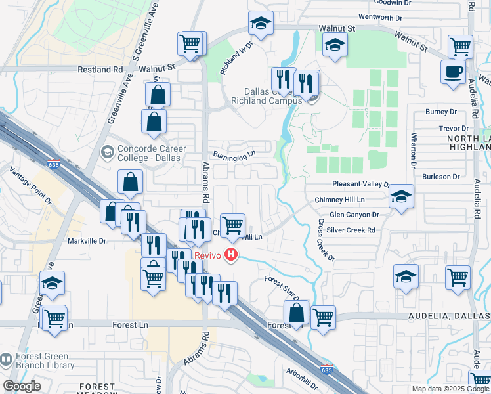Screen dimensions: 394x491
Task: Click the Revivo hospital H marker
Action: pos(230,254)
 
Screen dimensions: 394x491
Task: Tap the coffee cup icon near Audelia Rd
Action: pos(453,72)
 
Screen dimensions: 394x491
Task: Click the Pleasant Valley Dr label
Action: pos(360,185)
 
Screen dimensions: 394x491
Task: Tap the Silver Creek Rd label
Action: pos(351,230)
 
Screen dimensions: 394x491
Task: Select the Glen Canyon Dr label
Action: pos(354,214)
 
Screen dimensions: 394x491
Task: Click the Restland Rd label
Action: pos(100,68)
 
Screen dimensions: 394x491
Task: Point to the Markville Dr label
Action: pos(87,241)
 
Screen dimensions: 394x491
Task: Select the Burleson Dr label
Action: pos(440,176)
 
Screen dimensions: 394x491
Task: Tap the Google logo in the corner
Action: pos(22,386)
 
